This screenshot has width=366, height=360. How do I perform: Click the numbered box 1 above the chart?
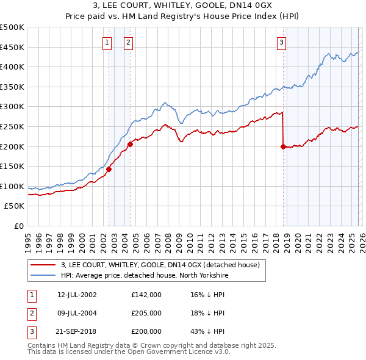coord(107,42)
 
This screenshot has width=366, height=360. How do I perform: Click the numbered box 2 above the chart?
coord(129,42)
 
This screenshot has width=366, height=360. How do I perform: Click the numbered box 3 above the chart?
coord(281,42)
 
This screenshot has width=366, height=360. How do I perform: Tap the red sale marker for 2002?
coord(109,169)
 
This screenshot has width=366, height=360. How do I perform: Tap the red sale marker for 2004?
coord(130,144)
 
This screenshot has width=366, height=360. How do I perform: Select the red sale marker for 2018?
coord(283,146)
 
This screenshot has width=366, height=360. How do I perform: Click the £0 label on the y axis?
coord(18,226)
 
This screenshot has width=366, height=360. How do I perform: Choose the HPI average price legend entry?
coord(144,275)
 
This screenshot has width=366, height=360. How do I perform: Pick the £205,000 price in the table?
coord(146,313)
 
